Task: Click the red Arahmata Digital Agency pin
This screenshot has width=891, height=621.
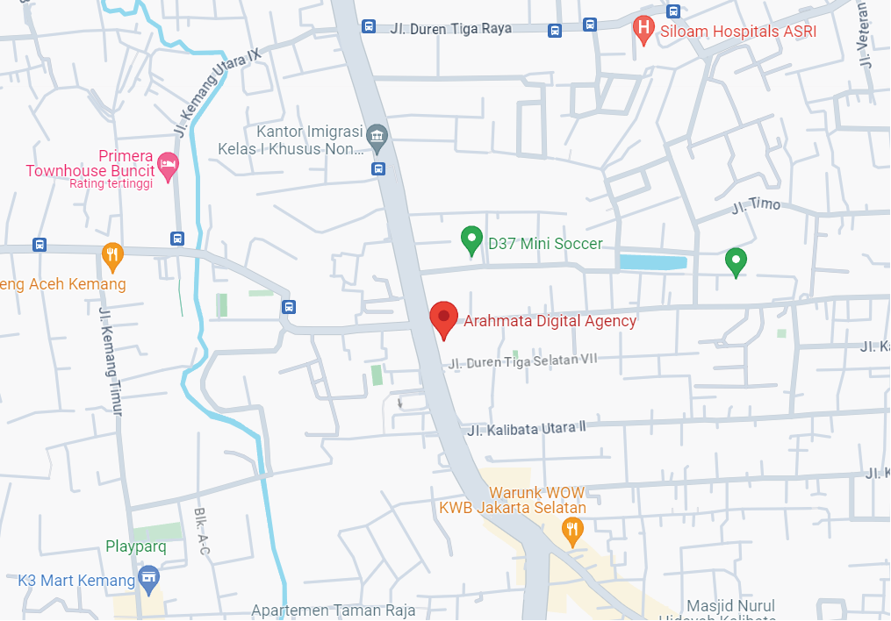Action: pos(443,318)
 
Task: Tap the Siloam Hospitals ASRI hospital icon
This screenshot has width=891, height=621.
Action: pos(643,31)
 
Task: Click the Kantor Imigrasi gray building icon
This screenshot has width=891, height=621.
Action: pos(377,136)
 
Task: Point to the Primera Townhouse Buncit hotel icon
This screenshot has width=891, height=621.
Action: pos(168,163)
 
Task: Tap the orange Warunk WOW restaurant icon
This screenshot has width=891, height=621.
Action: pos(572,529)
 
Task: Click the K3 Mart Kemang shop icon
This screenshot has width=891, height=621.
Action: pos(149,578)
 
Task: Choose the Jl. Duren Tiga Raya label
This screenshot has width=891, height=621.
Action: pos(449,29)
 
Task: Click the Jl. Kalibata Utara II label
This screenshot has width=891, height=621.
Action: pos(526,429)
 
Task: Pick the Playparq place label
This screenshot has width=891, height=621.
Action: pos(136,546)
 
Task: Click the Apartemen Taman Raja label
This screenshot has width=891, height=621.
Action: pos(333,610)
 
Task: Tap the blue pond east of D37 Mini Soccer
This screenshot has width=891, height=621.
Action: pos(652,261)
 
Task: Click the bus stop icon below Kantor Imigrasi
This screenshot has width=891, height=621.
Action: pos(377,168)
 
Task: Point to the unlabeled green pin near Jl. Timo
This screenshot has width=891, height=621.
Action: pos(736,260)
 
